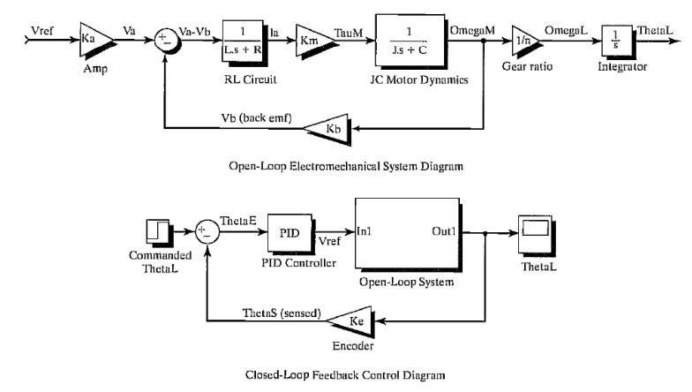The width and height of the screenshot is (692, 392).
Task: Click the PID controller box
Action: (289, 235)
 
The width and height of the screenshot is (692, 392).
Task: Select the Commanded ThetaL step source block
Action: (157, 233)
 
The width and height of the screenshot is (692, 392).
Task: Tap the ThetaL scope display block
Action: (535, 232)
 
